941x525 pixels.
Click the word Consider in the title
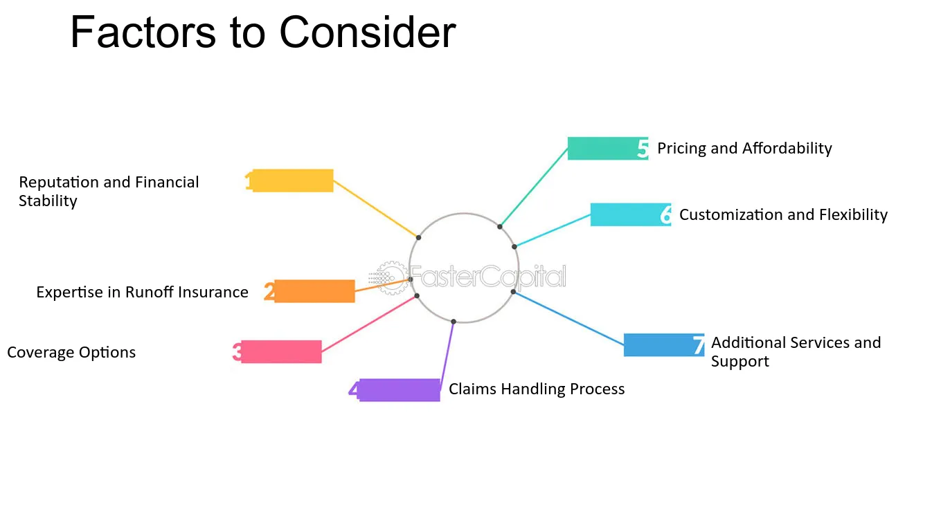pos(368,33)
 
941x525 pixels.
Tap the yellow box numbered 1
pos(293,181)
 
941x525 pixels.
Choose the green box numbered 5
pos(608,148)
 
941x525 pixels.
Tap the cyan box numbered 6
pos(631,214)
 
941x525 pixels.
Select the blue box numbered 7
pos(664,345)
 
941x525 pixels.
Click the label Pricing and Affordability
pos(744,149)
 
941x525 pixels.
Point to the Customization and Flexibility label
pos(783,215)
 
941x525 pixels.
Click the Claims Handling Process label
pos(537,389)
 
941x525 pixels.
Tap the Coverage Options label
pos(71,353)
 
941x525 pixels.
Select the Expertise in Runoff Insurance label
pos(143,292)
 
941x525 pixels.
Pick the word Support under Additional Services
pos(740,361)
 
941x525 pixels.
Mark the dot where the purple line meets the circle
pos(454,322)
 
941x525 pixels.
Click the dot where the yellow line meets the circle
pos(418,237)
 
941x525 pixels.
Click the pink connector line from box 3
pos(369,324)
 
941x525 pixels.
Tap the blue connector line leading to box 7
pos(568,318)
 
